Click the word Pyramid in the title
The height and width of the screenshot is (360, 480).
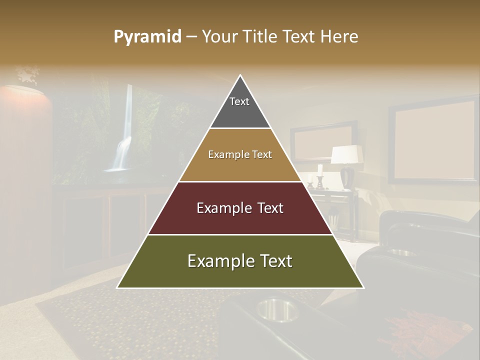tap(147, 37)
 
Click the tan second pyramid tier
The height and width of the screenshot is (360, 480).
tap(240, 155)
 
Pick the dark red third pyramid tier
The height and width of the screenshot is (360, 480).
tap(240, 208)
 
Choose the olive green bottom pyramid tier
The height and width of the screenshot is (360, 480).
tap(240, 261)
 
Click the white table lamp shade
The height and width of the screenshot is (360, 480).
tap(346, 154)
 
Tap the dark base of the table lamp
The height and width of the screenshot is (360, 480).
tap(347, 178)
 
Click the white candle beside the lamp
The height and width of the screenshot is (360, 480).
tap(320, 169)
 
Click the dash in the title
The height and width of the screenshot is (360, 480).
tap(191, 37)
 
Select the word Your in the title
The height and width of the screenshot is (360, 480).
tap(218, 37)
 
